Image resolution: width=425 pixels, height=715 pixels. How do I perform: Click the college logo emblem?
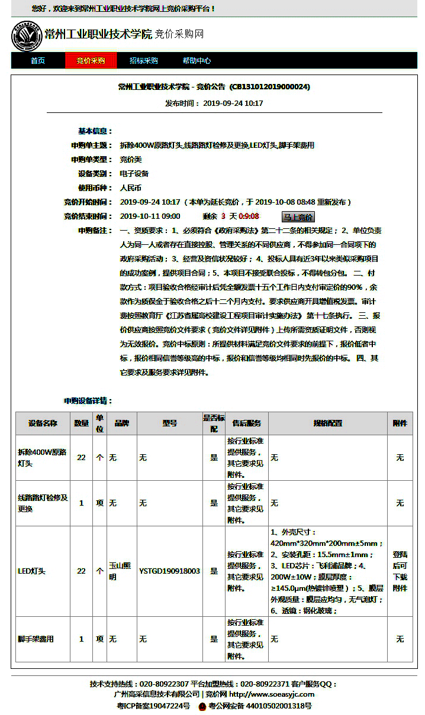(27, 36)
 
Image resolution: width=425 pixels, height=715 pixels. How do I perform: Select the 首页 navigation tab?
(38, 61)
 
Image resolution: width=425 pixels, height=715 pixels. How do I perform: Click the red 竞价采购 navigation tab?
(91, 61)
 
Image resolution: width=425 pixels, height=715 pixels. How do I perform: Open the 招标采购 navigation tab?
(144, 61)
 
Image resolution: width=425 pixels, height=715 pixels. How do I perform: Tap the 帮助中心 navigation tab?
(197, 61)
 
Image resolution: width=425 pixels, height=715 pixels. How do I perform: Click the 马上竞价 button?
(298, 217)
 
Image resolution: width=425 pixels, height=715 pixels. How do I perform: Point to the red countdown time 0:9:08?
(249, 216)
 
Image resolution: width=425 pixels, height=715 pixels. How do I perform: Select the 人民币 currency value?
(131, 188)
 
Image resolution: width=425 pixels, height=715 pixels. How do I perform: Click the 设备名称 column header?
(43, 423)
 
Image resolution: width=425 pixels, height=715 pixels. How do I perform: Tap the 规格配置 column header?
(328, 423)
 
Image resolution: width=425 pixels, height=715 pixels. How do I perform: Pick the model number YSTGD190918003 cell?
(169, 571)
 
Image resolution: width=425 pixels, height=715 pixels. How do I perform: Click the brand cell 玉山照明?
(121, 571)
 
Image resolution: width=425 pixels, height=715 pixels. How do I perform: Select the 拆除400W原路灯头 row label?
(43, 458)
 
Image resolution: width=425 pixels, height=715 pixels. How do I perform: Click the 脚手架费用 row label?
(36, 639)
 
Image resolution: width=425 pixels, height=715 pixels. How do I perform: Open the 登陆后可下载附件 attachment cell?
(400, 571)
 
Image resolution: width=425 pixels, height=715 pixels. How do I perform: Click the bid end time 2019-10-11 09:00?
(150, 216)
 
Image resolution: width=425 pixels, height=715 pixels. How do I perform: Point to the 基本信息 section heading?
(95, 131)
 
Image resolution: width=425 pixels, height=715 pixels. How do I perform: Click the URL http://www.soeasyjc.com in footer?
(272, 694)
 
